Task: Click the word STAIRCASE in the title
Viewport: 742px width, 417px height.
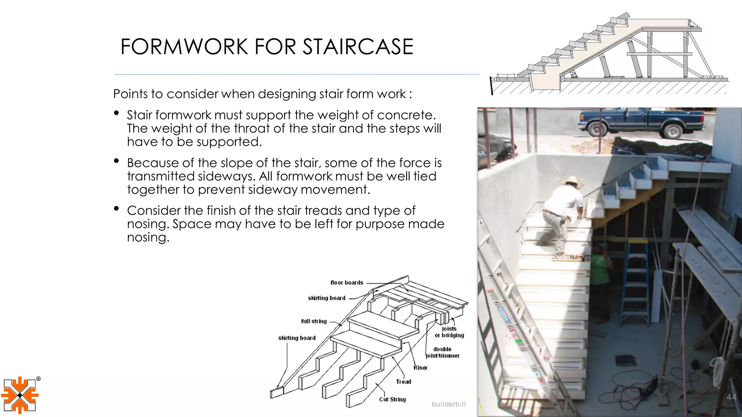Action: coord(358,47)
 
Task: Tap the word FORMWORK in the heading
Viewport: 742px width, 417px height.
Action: coord(185,47)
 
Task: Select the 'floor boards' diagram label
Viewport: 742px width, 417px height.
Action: coord(346,283)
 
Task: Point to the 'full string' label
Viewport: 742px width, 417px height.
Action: coord(314,321)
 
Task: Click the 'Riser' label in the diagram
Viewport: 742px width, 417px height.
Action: coord(420,368)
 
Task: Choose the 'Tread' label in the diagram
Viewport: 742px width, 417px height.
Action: coord(403,382)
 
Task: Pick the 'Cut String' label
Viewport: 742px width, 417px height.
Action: coord(392,399)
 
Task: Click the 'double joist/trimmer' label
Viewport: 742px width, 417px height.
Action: coord(442,353)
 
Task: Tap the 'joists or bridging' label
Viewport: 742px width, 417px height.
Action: coord(449,332)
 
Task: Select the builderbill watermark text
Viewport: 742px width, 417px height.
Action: coord(449,404)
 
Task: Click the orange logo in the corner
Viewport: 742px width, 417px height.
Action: coord(20,395)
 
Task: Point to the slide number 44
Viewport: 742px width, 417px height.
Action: coord(731,397)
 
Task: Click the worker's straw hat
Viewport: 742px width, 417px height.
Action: coord(571,181)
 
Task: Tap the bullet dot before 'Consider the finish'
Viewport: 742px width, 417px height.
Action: coord(116,208)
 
